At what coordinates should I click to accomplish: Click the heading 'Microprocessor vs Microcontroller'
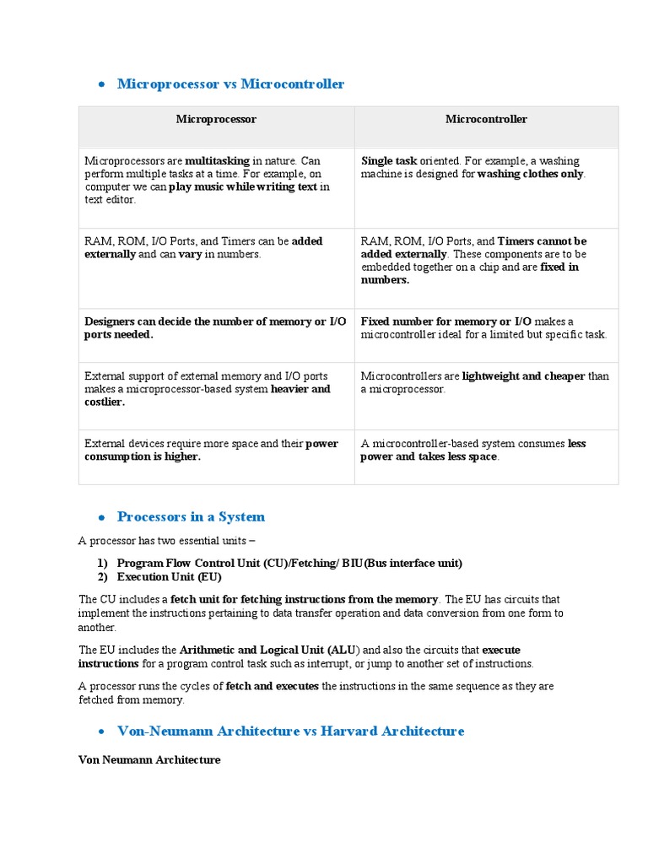230,84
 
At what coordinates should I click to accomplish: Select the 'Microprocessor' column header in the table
216,120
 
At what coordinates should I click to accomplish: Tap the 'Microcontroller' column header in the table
486,120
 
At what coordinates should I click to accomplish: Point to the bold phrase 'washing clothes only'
530,174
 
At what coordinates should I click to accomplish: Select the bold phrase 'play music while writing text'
243,187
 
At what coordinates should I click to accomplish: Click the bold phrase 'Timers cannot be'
542,241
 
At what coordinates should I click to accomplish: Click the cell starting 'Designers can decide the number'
215,328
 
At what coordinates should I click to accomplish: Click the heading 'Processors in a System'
191,517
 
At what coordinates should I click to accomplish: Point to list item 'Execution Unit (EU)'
169,577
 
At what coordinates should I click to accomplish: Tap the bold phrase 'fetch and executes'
272,687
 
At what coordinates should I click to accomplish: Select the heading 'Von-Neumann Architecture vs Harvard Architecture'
290,732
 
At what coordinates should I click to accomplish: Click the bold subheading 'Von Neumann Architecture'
149,760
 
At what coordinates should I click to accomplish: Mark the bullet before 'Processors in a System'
100,518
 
